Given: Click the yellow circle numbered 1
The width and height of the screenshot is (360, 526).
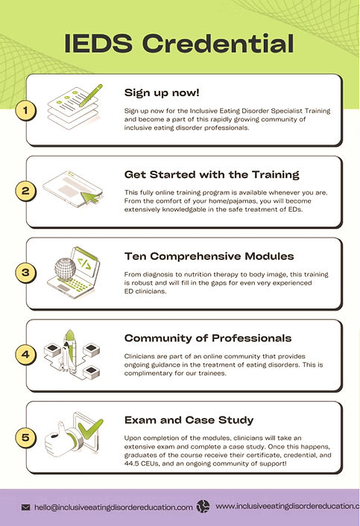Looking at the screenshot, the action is (25, 110).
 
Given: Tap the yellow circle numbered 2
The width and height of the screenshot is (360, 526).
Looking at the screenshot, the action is (25, 191).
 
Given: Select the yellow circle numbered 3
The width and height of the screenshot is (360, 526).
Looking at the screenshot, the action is (25, 273).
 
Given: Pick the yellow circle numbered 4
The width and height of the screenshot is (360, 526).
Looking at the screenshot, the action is (25, 355).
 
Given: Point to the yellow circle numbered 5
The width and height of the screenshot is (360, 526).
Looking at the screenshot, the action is (25, 438).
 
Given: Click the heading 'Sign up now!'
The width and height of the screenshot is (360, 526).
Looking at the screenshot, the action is (162, 93).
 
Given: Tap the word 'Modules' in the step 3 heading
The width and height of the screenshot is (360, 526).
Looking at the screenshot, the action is (269, 256).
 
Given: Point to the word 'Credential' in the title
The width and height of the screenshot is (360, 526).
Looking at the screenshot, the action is (218, 44).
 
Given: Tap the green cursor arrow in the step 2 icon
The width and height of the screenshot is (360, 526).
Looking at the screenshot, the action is (90, 198).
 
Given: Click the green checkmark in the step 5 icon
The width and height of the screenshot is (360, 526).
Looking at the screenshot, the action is (90, 428).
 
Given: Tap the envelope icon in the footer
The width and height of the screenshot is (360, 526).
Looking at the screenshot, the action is (25, 507).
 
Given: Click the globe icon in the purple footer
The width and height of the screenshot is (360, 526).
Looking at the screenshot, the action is (203, 507).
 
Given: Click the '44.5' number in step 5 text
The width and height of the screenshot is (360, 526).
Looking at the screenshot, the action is (131, 464).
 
